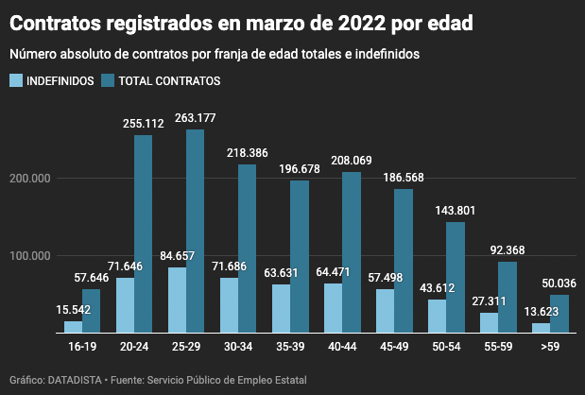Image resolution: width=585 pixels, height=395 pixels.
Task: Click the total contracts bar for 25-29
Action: (x=195, y=232)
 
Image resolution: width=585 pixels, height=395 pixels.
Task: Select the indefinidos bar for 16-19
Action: (x=73, y=327)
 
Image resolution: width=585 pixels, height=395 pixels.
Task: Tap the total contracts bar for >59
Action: (x=559, y=314)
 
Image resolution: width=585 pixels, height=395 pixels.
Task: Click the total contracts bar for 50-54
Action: (x=456, y=278)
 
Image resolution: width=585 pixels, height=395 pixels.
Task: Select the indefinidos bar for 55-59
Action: (x=489, y=323)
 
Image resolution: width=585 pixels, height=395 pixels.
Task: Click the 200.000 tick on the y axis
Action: (x=36, y=179)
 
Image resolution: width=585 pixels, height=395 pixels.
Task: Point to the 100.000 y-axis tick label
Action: (x=36, y=256)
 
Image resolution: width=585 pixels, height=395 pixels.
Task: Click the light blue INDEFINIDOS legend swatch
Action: (x=17, y=81)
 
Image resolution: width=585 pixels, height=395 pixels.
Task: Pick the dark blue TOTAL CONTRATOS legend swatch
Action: (x=110, y=81)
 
